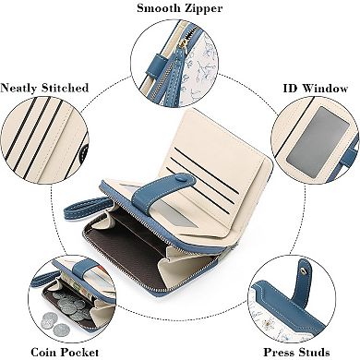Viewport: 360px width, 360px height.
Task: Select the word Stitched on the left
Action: [67, 88]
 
